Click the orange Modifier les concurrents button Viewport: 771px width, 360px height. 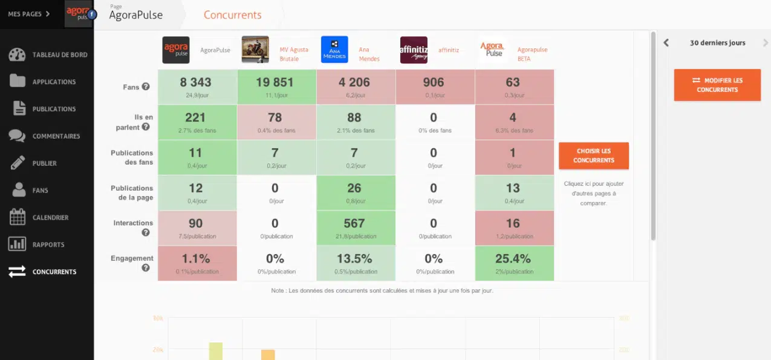tap(717, 85)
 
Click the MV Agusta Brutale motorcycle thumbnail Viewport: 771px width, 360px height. tap(255, 50)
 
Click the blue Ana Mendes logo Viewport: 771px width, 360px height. tap(334, 50)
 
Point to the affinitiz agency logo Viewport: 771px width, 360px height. tap(414, 50)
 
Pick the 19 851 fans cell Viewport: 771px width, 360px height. tap(275, 87)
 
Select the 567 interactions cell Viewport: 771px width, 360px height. tap(354, 227)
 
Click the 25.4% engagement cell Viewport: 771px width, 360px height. tap(513, 263)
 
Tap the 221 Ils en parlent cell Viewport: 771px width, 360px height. tap(195, 122)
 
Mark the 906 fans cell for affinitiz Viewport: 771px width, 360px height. tap(433, 87)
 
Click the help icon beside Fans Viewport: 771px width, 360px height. tap(145, 87)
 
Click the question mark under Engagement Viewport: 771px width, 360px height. tap(145, 268)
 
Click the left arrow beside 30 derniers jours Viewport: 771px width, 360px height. tap(666, 43)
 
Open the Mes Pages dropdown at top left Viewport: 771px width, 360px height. tap(29, 14)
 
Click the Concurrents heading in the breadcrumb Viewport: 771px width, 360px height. tap(232, 15)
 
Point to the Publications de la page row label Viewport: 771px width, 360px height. tap(132, 192)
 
